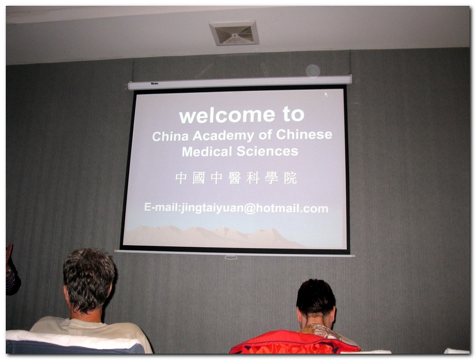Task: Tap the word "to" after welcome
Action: (293, 114)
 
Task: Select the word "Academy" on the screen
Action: (223, 136)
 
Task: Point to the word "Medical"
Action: (207, 151)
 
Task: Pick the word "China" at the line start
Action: (170, 136)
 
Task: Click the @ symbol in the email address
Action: (250, 209)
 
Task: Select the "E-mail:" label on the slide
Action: (162, 207)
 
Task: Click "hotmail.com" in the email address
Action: (292, 208)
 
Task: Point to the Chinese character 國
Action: (198, 178)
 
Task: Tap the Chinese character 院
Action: (290, 178)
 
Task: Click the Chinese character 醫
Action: (235, 178)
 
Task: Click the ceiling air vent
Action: (234, 33)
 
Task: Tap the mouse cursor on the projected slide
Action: (326, 94)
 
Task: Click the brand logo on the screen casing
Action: (155, 83)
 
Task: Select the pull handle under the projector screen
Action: (231, 258)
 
